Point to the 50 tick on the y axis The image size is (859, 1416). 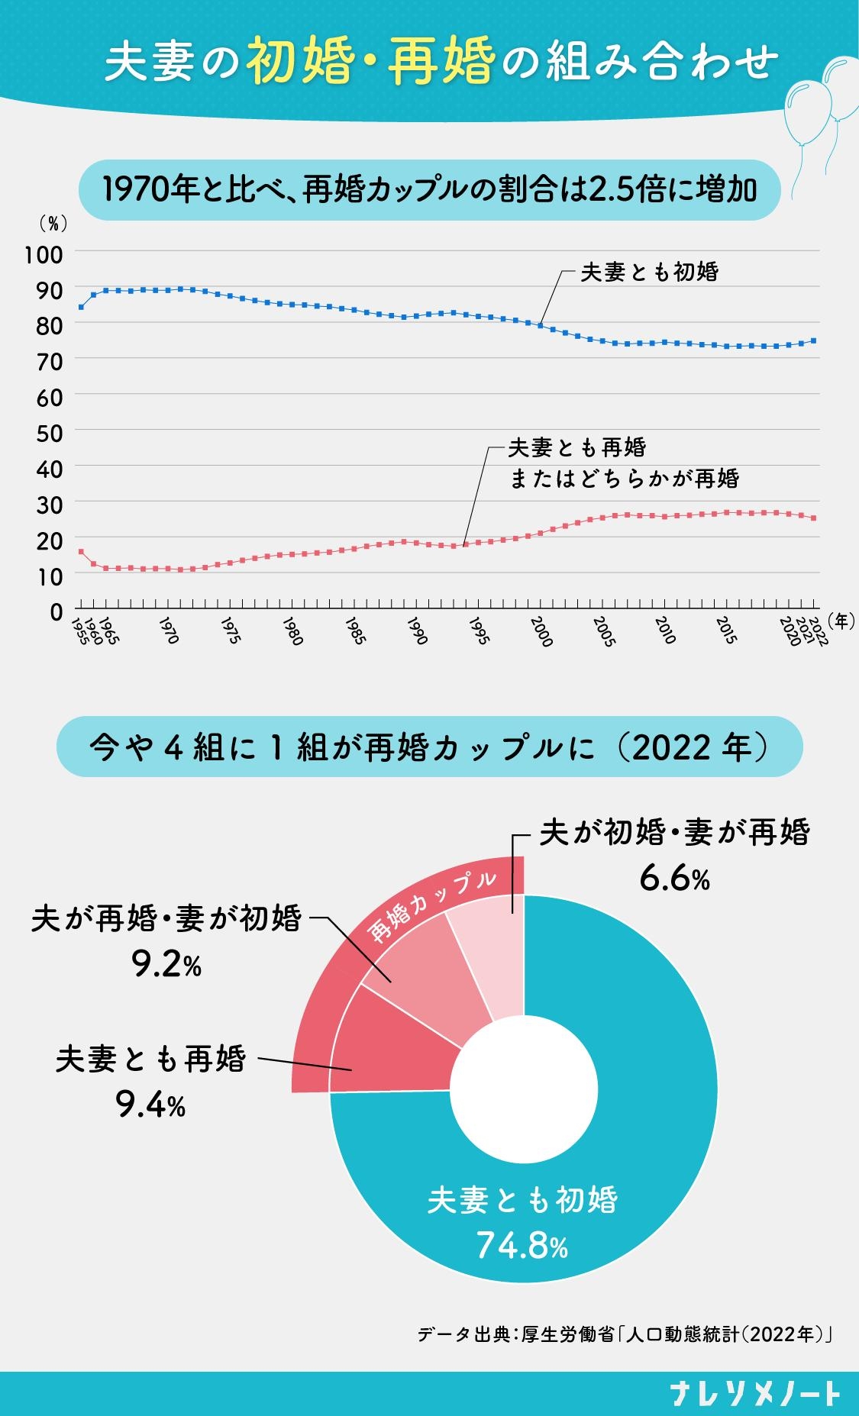(49, 431)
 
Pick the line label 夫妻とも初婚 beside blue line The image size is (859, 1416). (649, 272)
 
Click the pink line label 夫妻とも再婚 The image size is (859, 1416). (577, 447)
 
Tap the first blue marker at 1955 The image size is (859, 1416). (81, 307)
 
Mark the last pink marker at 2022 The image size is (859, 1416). (814, 518)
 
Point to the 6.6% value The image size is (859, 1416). (674, 879)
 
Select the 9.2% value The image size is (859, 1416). (166, 966)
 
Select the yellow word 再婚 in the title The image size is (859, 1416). (441, 61)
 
